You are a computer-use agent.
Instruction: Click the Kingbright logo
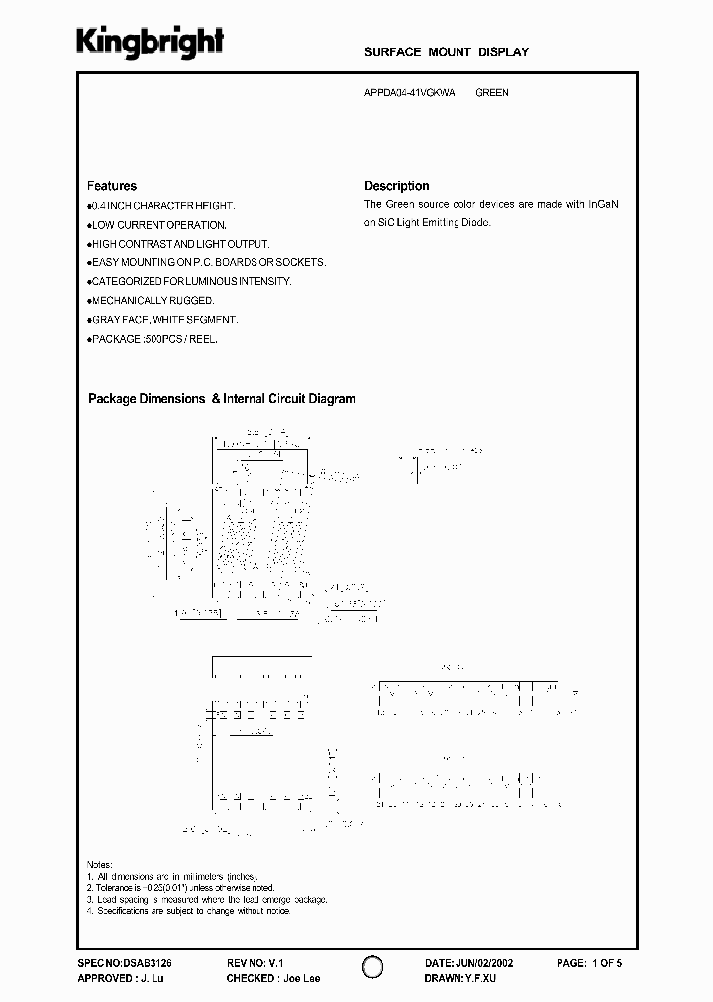pos(151,42)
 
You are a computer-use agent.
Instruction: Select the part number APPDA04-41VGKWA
pos(410,93)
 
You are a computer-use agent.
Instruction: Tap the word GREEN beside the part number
pos(492,93)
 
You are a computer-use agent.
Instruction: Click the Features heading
pos(112,186)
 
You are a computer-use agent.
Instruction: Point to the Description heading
pos(396,186)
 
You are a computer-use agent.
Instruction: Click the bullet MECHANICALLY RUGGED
pos(152,300)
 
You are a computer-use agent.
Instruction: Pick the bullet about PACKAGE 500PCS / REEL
pos(153,338)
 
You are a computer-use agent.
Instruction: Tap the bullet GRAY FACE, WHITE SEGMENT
pos(163,319)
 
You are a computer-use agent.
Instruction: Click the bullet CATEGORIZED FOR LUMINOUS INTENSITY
pos(190,281)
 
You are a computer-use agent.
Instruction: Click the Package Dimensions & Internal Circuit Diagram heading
pos(221,399)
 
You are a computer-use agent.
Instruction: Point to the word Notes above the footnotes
pos(100,864)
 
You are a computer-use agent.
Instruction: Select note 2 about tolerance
pos(182,888)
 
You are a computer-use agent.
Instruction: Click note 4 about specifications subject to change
pos(188,911)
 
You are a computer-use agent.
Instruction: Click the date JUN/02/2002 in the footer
pos(484,962)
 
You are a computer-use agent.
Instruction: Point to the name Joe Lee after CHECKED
pos(300,978)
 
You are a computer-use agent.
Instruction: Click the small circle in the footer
pos(371,968)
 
